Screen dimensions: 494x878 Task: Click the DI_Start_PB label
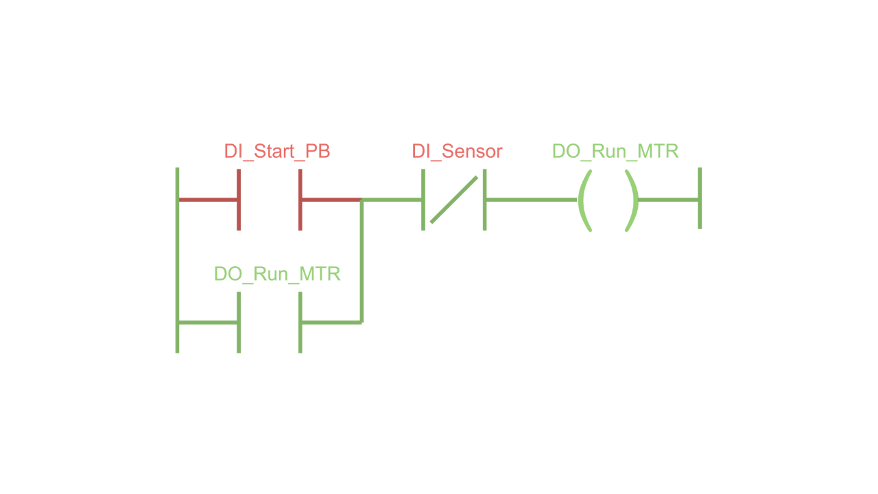pyautogui.click(x=277, y=152)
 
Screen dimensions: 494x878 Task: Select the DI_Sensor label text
pyautogui.click(x=457, y=152)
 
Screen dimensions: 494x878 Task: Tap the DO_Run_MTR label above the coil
pyautogui.click(x=615, y=152)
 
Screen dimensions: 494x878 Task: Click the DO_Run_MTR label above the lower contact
pyautogui.click(x=277, y=274)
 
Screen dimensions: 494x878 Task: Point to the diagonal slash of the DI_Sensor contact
pyautogui.click(x=454, y=200)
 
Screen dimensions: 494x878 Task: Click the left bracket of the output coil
pyautogui.click(x=584, y=200)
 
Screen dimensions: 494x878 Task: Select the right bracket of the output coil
pyautogui.click(x=632, y=200)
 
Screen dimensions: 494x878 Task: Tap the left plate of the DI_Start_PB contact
pyautogui.click(x=239, y=200)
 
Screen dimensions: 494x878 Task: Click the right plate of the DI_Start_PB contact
pyautogui.click(x=300, y=200)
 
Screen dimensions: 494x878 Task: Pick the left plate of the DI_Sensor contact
pyautogui.click(x=423, y=200)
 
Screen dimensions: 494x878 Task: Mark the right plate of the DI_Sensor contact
pyautogui.click(x=485, y=200)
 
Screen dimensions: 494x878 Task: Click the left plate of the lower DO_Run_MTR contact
pyautogui.click(x=239, y=322)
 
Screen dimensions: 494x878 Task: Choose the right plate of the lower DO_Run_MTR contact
pyautogui.click(x=300, y=322)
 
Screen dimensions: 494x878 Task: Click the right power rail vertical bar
pyautogui.click(x=700, y=198)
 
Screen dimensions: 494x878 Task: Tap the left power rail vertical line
pyautogui.click(x=178, y=261)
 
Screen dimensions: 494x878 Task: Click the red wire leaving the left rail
pyautogui.click(x=208, y=200)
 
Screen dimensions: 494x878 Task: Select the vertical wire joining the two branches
pyautogui.click(x=361, y=261)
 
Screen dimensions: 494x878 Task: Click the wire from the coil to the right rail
pyautogui.click(x=669, y=200)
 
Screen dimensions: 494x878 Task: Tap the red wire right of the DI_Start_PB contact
pyautogui.click(x=331, y=200)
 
